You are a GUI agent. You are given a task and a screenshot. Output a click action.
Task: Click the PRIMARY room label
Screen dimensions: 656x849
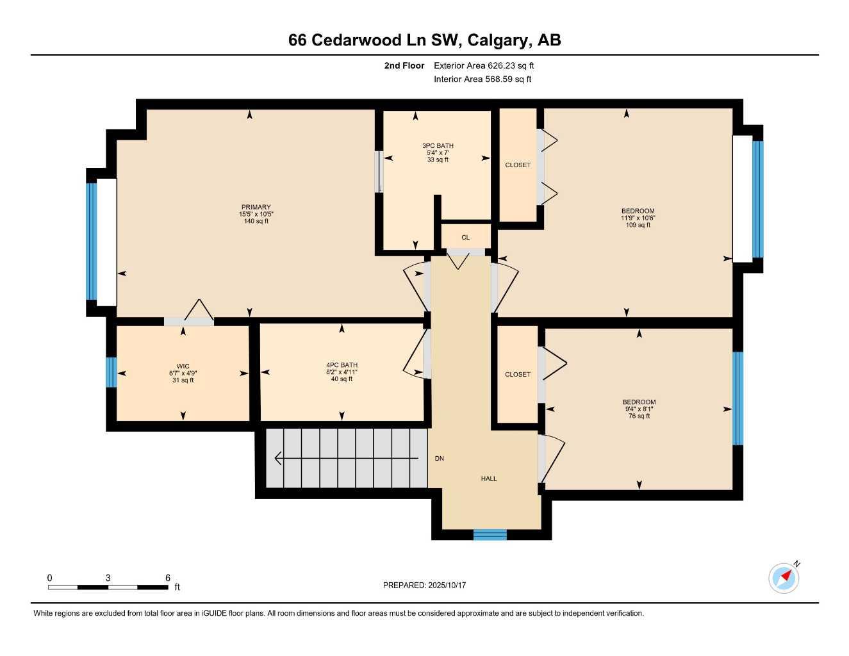(x=256, y=207)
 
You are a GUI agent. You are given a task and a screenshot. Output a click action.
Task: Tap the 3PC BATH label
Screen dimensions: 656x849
(x=438, y=146)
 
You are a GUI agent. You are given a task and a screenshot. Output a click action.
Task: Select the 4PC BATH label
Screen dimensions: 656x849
(x=342, y=365)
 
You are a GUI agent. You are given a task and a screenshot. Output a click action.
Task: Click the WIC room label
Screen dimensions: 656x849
(x=183, y=366)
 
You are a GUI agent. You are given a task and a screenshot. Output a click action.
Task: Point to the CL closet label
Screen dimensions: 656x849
(x=465, y=238)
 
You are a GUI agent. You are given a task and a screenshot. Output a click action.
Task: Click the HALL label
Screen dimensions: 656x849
(x=489, y=479)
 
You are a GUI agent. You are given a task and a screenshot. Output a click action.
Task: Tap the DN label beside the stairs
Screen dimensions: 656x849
(x=440, y=459)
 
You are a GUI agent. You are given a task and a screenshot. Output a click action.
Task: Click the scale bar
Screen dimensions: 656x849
(x=108, y=587)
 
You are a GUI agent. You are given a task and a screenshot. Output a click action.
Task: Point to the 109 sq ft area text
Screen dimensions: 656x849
(x=638, y=225)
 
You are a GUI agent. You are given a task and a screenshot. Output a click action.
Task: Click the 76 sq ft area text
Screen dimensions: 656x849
(x=639, y=416)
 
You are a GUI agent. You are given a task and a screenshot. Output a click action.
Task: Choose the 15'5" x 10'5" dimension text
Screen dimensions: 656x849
(x=256, y=214)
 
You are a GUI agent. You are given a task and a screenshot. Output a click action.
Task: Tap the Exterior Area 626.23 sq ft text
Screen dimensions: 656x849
(x=484, y=65)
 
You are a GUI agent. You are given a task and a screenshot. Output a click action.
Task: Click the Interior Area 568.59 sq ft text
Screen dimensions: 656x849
(x=482, y=79)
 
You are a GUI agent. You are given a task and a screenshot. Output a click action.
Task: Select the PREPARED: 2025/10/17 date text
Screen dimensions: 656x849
(x=424, y=585)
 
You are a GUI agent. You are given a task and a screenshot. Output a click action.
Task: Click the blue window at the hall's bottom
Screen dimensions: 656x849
(x=490, y=535)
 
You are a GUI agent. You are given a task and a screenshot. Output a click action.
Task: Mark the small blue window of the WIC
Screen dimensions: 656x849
(x=111, y=372)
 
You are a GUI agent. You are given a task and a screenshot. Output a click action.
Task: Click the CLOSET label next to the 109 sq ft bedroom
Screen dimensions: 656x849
(x=518, y=165)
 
